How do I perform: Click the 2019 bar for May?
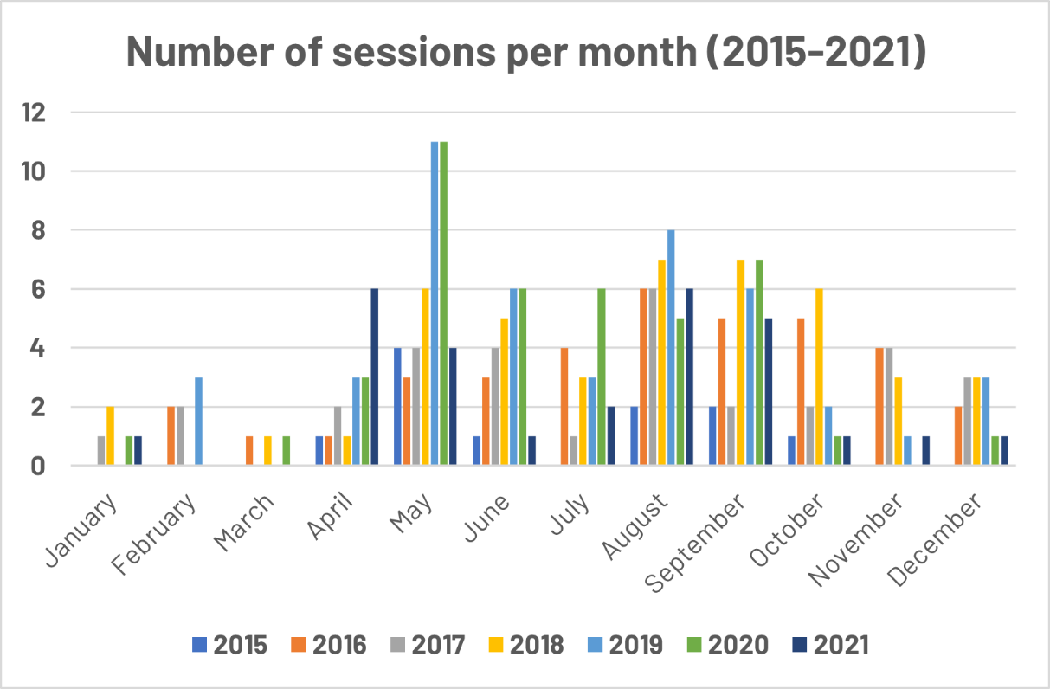(435, 304)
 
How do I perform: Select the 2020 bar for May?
(444, 304)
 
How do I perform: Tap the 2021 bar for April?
(374, 377)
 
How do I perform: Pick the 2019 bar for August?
(671, 348)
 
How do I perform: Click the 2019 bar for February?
(198, 422)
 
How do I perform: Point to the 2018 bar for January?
(110, 436)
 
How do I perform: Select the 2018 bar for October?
(819, 377)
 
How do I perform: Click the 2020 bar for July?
(601, 377)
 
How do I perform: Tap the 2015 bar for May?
(397, 407)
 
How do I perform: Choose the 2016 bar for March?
(249, 451)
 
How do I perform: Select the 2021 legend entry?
(828, 645)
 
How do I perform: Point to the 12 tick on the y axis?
(40, 113)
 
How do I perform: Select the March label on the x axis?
(248, 524)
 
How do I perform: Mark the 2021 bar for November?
(925, 451)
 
